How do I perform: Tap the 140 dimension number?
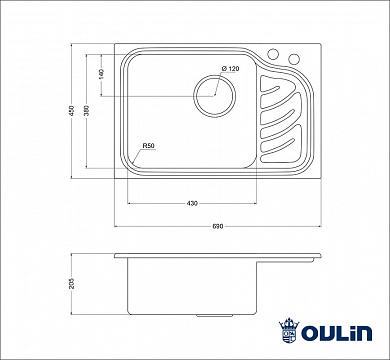tap(101, 74)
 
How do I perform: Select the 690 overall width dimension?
tap(216, 225)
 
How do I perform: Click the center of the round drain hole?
tap(212, 97)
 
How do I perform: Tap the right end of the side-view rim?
tap(320, 258)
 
